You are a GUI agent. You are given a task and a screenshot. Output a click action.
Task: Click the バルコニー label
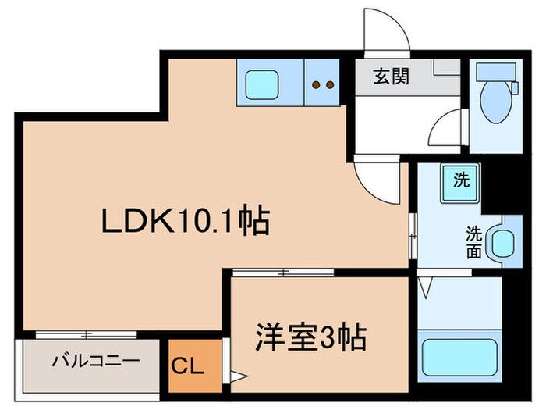click(x=96, y=362)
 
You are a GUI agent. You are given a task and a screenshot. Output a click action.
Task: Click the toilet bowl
click(x=495, y=101)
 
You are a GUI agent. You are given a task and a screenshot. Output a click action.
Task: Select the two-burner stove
click(x=323, y=83)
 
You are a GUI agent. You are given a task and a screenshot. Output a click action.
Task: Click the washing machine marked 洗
click(x=462, y=180)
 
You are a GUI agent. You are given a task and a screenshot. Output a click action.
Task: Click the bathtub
click(x=459, y=359)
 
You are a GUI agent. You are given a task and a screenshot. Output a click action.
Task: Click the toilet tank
click(x=493, y=72)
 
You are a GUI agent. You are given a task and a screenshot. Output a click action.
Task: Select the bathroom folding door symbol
click(x=427, y=289)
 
